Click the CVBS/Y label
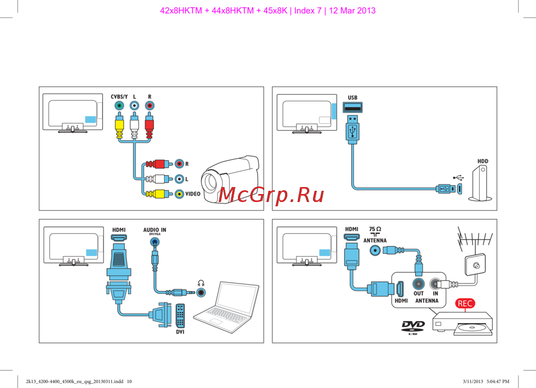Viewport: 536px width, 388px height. click(x=119, y=96)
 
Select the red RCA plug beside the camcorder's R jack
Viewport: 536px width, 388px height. click(x=156, y=163)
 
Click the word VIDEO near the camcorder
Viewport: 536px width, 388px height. click(x=193, y=194)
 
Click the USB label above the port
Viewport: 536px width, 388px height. click(x=352, y=98)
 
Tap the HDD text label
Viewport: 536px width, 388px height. click(x=483, y=161)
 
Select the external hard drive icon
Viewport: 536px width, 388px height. click(x=480, y=185)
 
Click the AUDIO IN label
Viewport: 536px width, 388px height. click(x=154, y=230)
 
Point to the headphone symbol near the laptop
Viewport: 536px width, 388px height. click(x=200, y=283)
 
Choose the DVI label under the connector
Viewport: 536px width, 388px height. click(x=180, y=332)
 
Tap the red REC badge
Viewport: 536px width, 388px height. click(x=465, y=303)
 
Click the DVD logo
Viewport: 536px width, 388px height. click(x=413, y=326)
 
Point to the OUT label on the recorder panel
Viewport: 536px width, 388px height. click(x=419, y=294)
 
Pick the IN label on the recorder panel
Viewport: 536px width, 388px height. click(x=435, y=294)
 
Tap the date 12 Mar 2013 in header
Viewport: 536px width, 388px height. click(x=352, y=10)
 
